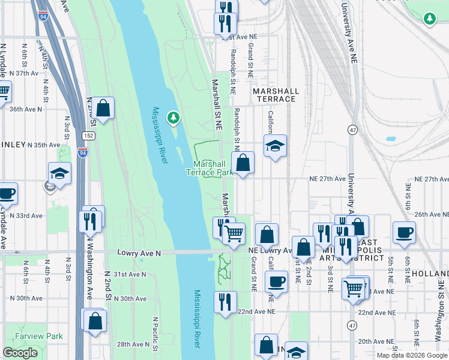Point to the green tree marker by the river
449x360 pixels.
[x=173, y=117]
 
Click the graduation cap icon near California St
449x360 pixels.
[x=275, y=146]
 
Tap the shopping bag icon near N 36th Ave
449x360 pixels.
[x=103, y=109]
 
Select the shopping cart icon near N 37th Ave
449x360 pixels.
[x=3, y=92]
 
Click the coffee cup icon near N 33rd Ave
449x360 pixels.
[x=7, y=193]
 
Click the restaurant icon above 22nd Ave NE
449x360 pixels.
[x=225, y=302]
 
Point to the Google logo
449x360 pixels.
[x=20, y=353]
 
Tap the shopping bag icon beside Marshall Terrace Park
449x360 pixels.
[x=243, y=163]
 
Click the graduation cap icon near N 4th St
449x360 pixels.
[x=60, y=173]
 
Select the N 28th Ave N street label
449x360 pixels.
[x=133, y=344]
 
